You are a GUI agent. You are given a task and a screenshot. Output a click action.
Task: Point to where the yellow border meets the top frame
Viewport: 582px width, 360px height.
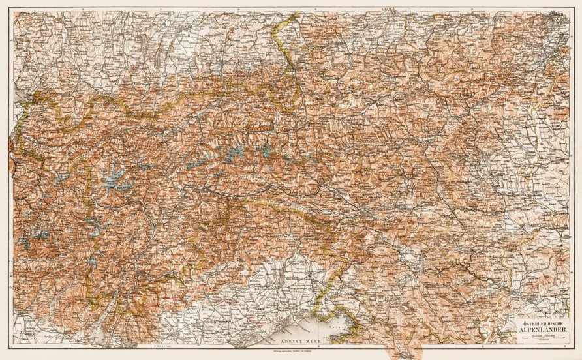point(287,14)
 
